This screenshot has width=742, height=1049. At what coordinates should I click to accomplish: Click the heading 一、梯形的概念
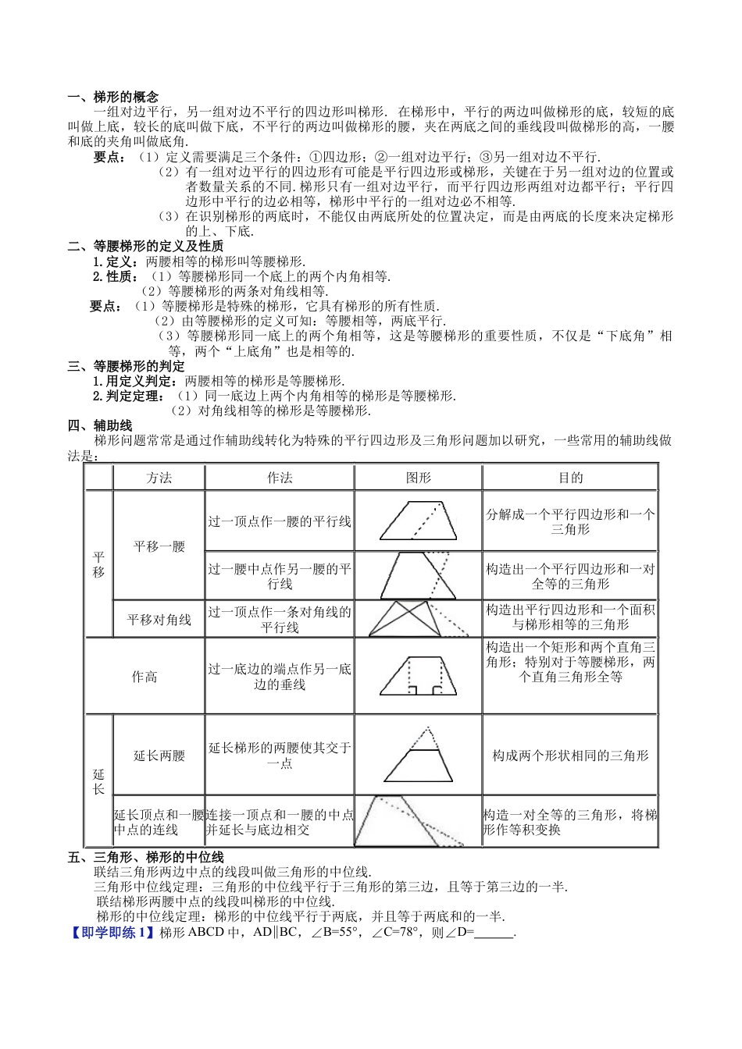click(113, 98)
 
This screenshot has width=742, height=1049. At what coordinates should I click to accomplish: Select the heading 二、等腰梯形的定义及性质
click(145, 247)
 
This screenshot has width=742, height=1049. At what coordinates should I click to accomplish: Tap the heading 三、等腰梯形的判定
click(127, 366)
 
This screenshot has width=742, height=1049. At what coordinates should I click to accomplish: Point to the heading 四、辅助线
click(100, 425)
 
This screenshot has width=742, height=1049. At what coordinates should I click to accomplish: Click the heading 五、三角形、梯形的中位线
click(146, 858)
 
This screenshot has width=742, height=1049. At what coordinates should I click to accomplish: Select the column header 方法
click(159, 478)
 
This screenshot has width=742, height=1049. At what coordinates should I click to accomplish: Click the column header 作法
click(280, 478)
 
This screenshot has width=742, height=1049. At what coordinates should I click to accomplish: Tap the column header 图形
click(419, 478)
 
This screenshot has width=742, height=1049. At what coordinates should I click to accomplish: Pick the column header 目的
click(570, 478)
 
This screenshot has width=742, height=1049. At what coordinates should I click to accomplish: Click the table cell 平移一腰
click(159, 546)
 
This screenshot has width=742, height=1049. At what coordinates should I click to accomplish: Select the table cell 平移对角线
click(159, 619)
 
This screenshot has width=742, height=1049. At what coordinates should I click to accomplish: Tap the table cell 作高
click(144, 677)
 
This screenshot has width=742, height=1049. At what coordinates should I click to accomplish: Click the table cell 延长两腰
click(159, 756)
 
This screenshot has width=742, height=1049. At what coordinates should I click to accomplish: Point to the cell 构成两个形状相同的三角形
click(570, 756)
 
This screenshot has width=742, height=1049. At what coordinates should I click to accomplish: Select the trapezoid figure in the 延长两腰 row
click(419, 755)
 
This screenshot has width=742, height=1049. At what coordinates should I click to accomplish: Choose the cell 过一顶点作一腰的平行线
click(280, 521)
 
